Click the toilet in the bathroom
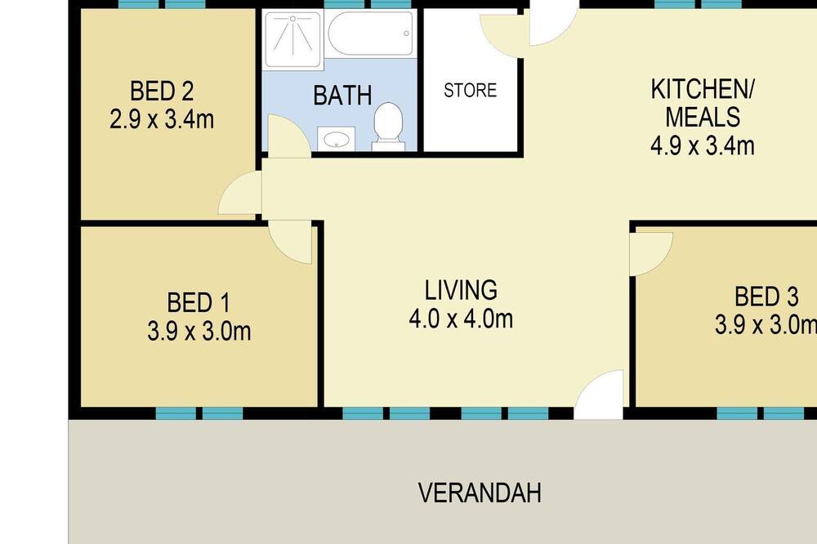click(388, 127)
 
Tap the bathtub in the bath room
click(370, 33)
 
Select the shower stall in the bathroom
click(292, 39)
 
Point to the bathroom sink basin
click(336, 139)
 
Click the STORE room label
click(470, 90)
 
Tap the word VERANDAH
click(480, 493)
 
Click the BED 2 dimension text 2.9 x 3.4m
click(162, 120)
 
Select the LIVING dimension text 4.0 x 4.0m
click(461, 319)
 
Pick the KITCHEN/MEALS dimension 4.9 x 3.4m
click(703, 145)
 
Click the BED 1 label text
click(198, 303)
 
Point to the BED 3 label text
click(766, 297)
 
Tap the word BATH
click(342, 96)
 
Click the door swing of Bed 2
click(239, 193)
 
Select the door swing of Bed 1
click(290, 242)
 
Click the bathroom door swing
click(289, 136)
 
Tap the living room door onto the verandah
click(599, 395)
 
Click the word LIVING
click(461, 290)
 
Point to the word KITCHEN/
click(703, 90)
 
